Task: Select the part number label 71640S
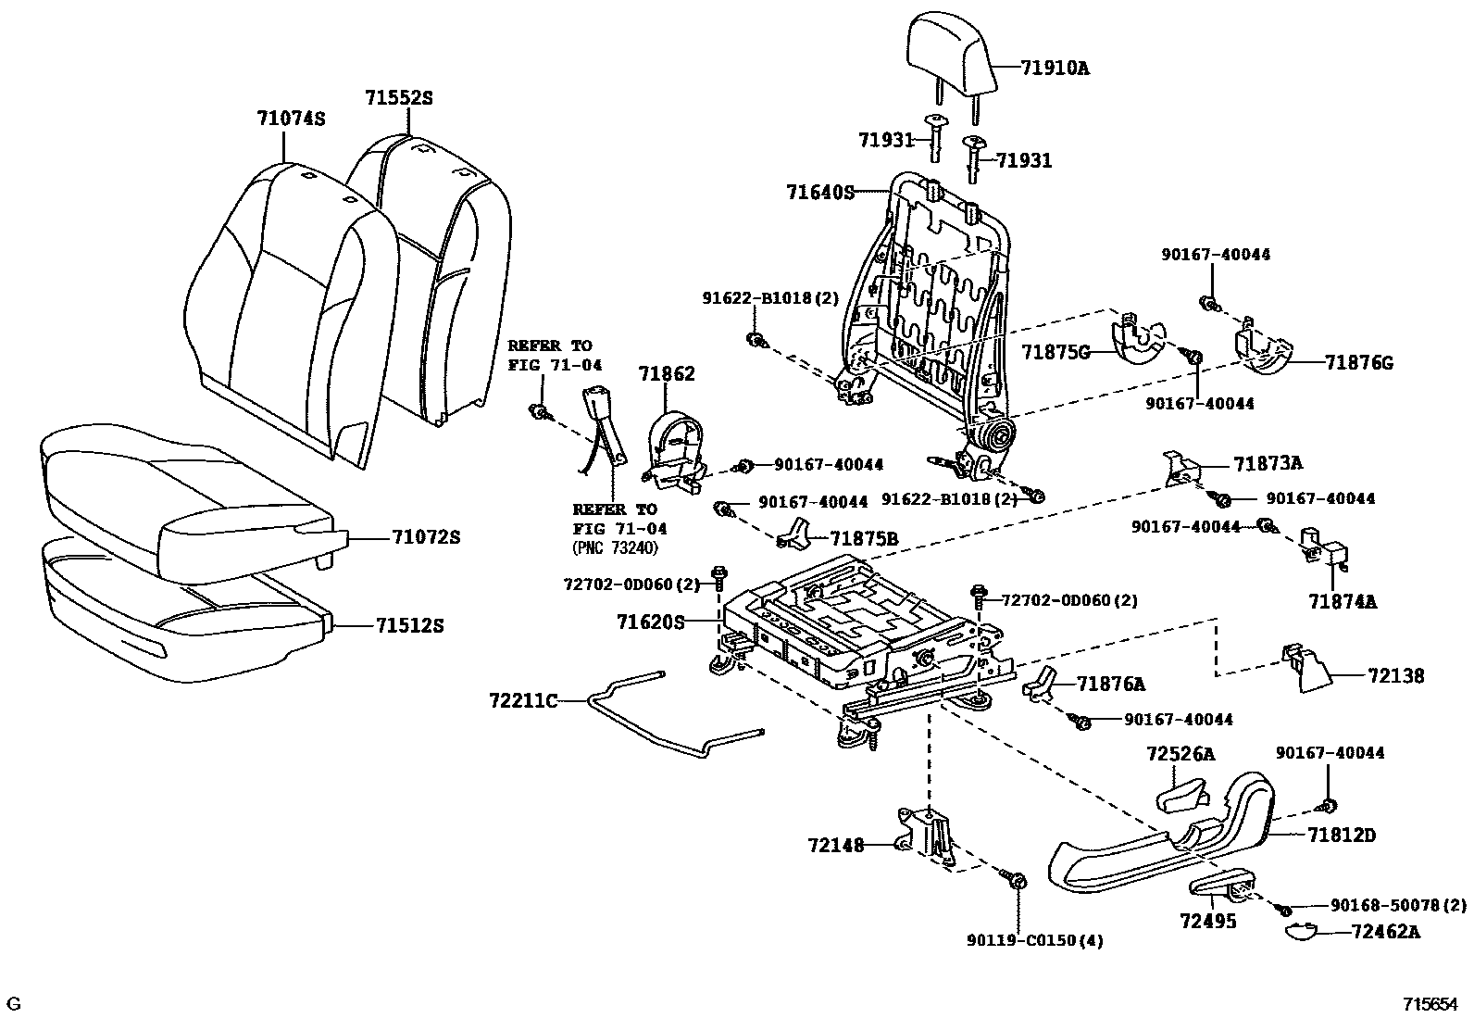(819, 193)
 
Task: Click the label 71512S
(410, 626)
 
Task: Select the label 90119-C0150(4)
(1035, 941)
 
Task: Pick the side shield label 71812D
(1342, 836)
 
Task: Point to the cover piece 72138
(1305, 670)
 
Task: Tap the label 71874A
(1343, 602)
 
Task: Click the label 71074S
(291, 119)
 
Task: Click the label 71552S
(398, 97)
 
